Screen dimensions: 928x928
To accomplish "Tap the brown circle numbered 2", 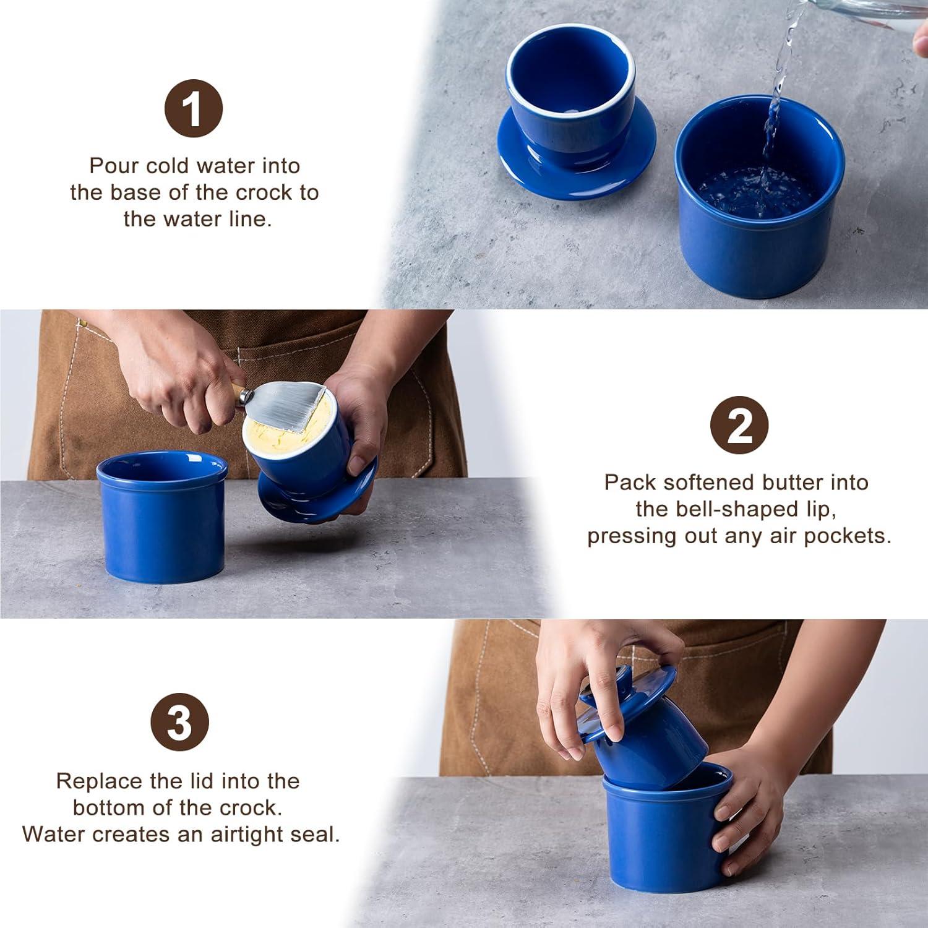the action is pyautogui.click(x=739, y=426).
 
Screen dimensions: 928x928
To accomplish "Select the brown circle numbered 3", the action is pyautogui.click(x=180, y=722).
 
